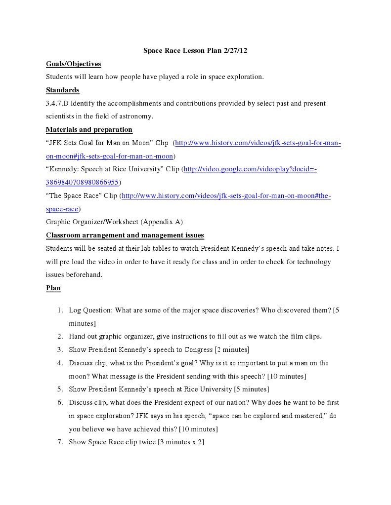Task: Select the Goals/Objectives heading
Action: pos(73,64)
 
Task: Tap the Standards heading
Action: pos(62,90)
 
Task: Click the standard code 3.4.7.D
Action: pos(58,104)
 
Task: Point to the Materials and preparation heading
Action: pos(89,129)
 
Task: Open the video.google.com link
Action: pos(250,169)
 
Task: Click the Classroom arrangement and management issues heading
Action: pos(125,235)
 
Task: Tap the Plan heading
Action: pos(53,288)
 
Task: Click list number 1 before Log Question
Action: pos(59,311)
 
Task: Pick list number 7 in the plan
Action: pos(59,442)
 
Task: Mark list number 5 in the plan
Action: pos(59,389)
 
